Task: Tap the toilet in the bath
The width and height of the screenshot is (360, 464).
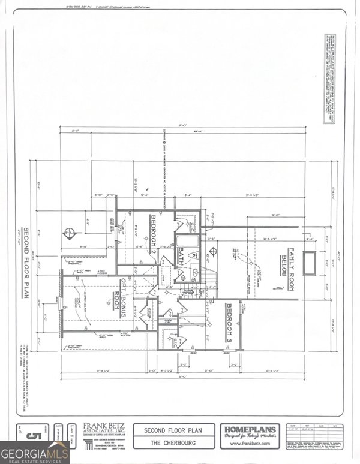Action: [193, 256]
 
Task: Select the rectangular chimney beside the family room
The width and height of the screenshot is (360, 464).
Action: [309, 263]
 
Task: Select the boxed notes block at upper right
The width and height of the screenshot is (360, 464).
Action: [328, 80]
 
